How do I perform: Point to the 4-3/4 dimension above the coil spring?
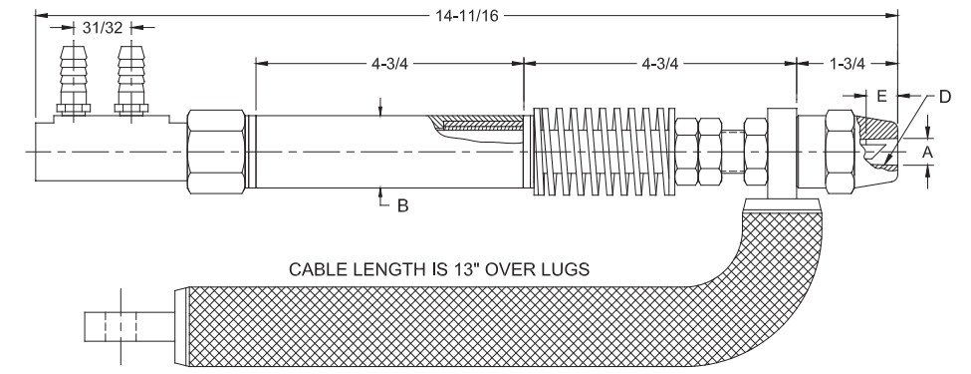point(659,63)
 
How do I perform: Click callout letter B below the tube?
point(402,205)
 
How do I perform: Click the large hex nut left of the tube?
point(216,151)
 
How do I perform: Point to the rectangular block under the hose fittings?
point(108,150)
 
